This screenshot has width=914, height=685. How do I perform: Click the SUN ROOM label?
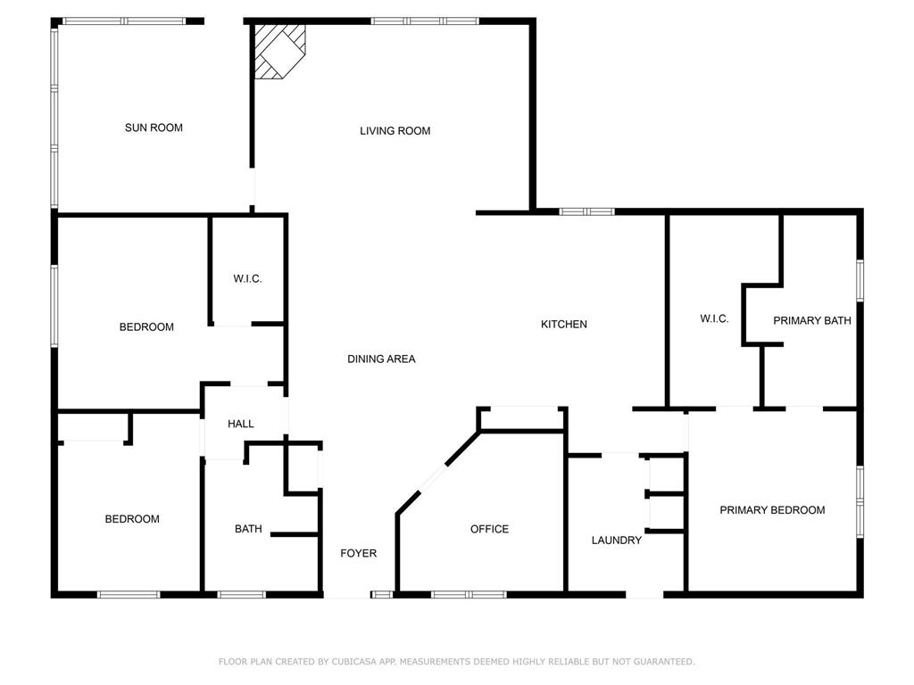point(154,128)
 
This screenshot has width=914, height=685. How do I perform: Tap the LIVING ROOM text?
point(395,131)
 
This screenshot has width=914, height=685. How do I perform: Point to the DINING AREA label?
point(381,359)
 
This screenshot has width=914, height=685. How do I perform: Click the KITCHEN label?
point(564,324)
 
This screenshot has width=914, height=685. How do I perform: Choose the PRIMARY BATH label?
point(811,320)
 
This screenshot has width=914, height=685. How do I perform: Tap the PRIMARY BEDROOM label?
point(772,510)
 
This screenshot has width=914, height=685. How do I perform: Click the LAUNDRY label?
point(616,540)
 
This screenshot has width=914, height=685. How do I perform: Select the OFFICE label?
point(489,529)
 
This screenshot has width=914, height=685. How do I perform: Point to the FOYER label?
point(358,553)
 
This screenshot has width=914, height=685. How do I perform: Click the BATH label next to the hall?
point(248,529)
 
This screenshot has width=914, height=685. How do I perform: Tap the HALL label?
point(240,424)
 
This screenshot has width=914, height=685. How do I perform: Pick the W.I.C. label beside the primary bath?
point(714,318)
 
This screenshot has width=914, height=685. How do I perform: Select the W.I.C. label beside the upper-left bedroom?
point(247,279)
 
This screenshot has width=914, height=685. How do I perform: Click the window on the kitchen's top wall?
point(586,211)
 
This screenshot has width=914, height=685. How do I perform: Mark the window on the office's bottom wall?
point(469,594)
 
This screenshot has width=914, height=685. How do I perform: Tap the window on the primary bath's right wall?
point(860,279)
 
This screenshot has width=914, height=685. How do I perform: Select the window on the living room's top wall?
point(424,21)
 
